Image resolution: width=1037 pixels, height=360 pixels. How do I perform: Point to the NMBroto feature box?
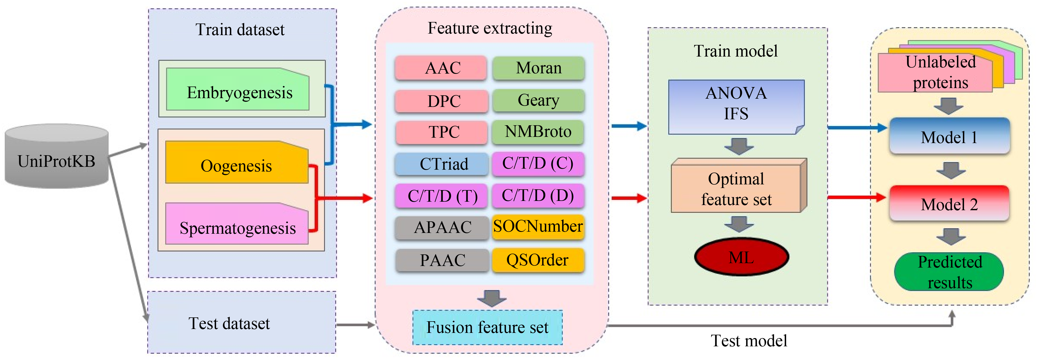tap(538, 132)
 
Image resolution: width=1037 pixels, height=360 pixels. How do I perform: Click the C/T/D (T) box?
tap(442, 196)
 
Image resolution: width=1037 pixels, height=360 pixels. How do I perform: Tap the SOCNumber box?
tap(538, 227)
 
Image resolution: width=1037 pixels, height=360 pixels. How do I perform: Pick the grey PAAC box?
tap(442, 260)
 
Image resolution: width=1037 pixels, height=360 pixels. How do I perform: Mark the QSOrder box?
tap(538, 260)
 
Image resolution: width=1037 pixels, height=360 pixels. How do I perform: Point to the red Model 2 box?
tap(949, 203)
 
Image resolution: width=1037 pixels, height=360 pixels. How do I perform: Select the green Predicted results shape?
tap(949, 272)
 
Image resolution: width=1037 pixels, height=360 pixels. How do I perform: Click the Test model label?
tap(749, 341)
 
